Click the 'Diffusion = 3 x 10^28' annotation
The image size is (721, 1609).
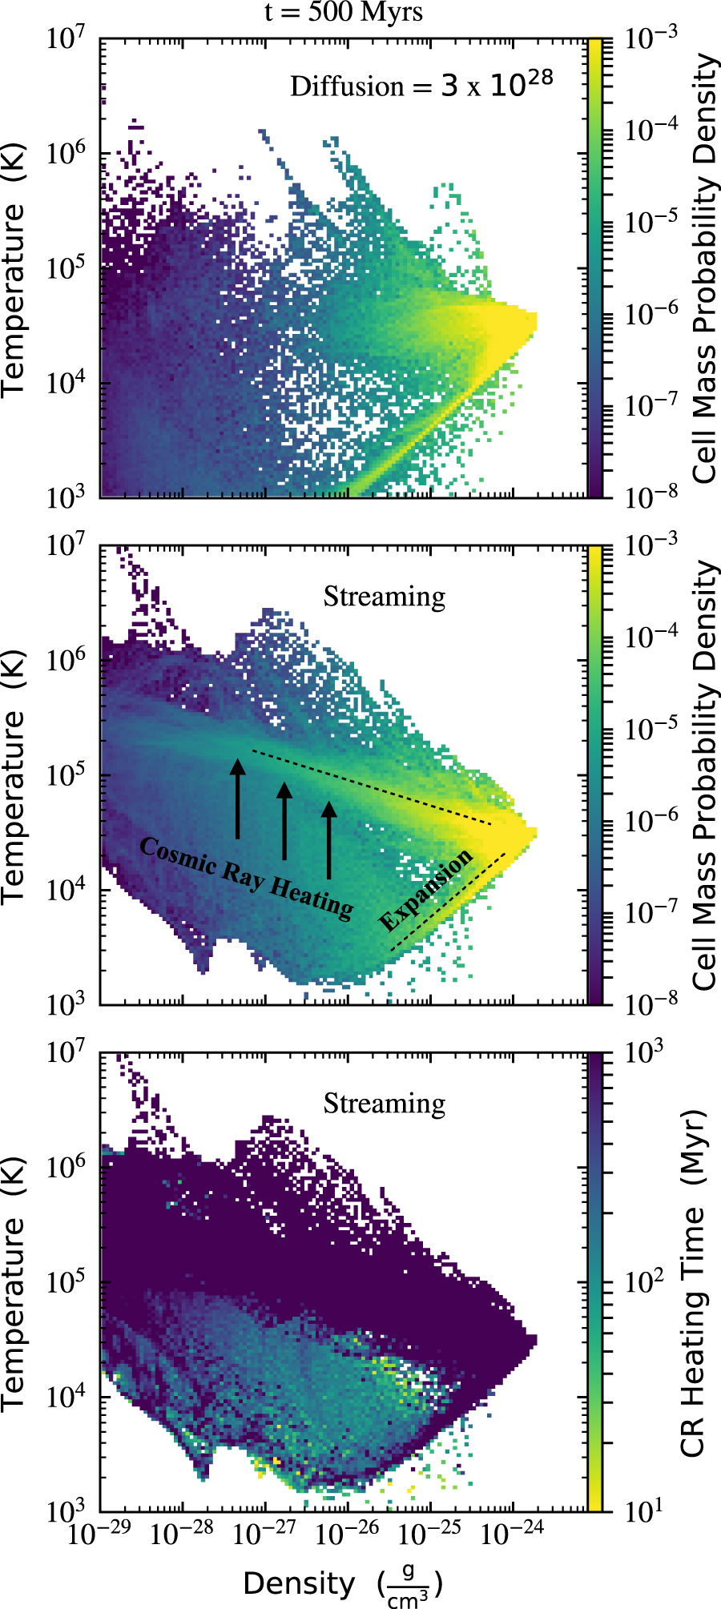421,85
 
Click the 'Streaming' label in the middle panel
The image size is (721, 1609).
385,597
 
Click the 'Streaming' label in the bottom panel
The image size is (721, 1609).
385,1104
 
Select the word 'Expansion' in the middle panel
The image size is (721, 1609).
425,891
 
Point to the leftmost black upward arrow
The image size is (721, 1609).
237,798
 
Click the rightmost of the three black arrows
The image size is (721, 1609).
328,839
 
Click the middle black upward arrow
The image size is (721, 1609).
284,820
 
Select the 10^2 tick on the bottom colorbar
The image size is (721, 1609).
643,1281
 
